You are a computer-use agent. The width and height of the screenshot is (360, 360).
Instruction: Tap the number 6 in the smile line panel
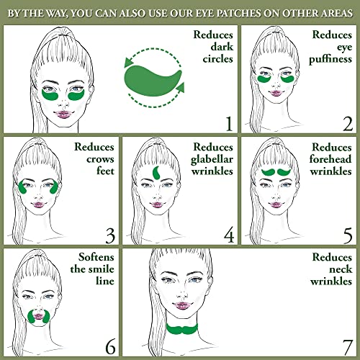coord(109,346)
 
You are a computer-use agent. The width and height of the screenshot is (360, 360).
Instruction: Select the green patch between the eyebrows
coord(157,173)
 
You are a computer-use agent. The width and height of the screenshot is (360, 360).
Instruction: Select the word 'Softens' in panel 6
coord(91,257)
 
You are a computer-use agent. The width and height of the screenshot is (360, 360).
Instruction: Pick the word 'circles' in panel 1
coord(215,59)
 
